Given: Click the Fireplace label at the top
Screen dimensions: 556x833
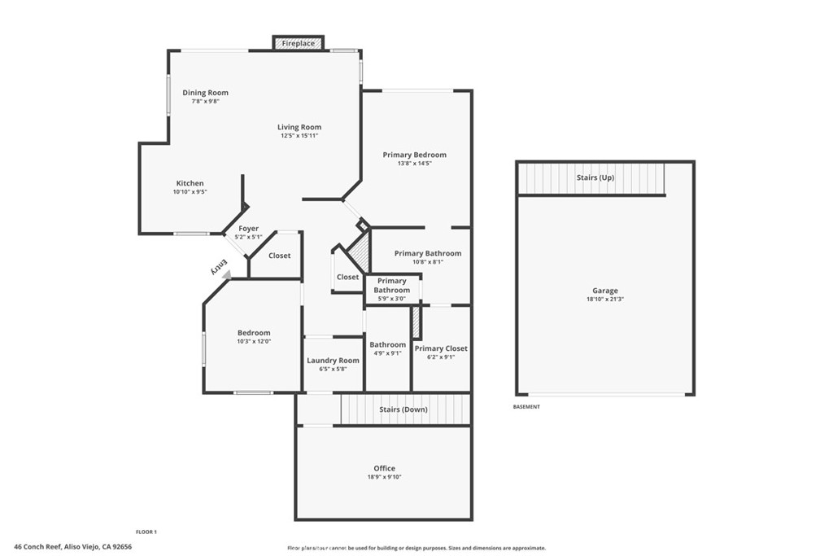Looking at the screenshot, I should coord(299,43).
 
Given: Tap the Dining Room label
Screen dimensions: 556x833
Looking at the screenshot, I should coord(205,93).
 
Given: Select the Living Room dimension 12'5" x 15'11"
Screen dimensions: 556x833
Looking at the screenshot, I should coord(299,136).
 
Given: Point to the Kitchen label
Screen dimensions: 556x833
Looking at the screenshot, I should coord(190,183).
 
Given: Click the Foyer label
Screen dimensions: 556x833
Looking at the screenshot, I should coord(248,229).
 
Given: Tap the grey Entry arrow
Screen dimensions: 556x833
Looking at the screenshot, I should coord(225,276).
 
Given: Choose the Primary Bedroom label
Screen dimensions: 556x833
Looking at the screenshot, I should coord(414,155).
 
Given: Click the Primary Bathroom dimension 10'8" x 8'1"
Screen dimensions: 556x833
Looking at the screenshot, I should coord(428,262).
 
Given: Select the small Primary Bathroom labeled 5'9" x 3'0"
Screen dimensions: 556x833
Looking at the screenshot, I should coord(392,299).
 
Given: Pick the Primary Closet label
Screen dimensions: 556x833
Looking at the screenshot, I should coord(441,348).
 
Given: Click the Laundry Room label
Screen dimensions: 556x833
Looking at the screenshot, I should coord(333,361).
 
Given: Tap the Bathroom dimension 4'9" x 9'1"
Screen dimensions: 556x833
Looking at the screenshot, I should coord(387,353).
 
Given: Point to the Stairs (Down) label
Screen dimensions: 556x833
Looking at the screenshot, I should coord(403,409).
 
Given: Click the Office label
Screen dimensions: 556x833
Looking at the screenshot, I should coord(384,468).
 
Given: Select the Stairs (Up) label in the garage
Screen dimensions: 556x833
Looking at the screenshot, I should coord(595,177).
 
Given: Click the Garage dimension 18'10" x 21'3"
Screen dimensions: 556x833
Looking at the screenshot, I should coord(604,300).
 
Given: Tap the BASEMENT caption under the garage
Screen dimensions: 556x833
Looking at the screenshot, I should coord(526,406).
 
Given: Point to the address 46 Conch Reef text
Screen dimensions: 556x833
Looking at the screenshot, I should coord(72,547).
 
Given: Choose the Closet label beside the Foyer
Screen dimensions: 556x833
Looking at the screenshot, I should coord(279,256).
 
